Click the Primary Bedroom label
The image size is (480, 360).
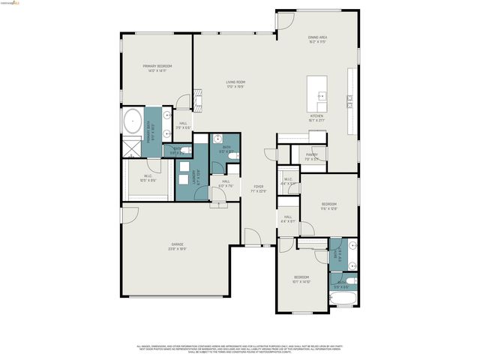click(x=158, y=67)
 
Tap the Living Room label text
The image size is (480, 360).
click(x=236, y=83)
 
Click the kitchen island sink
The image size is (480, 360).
click(x=321, y=95)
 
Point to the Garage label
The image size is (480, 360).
click(x=177, y=246)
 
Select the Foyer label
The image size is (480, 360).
click(x=258, y=188)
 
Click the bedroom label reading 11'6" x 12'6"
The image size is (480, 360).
click(x=328, y=206)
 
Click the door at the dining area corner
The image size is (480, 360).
click(x=283, y=20)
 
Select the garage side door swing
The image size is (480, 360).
click(x=128, y=215)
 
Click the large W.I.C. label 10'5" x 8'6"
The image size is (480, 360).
click(x=148, y=178)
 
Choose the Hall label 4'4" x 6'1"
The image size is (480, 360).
click(x=288, y=220)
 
